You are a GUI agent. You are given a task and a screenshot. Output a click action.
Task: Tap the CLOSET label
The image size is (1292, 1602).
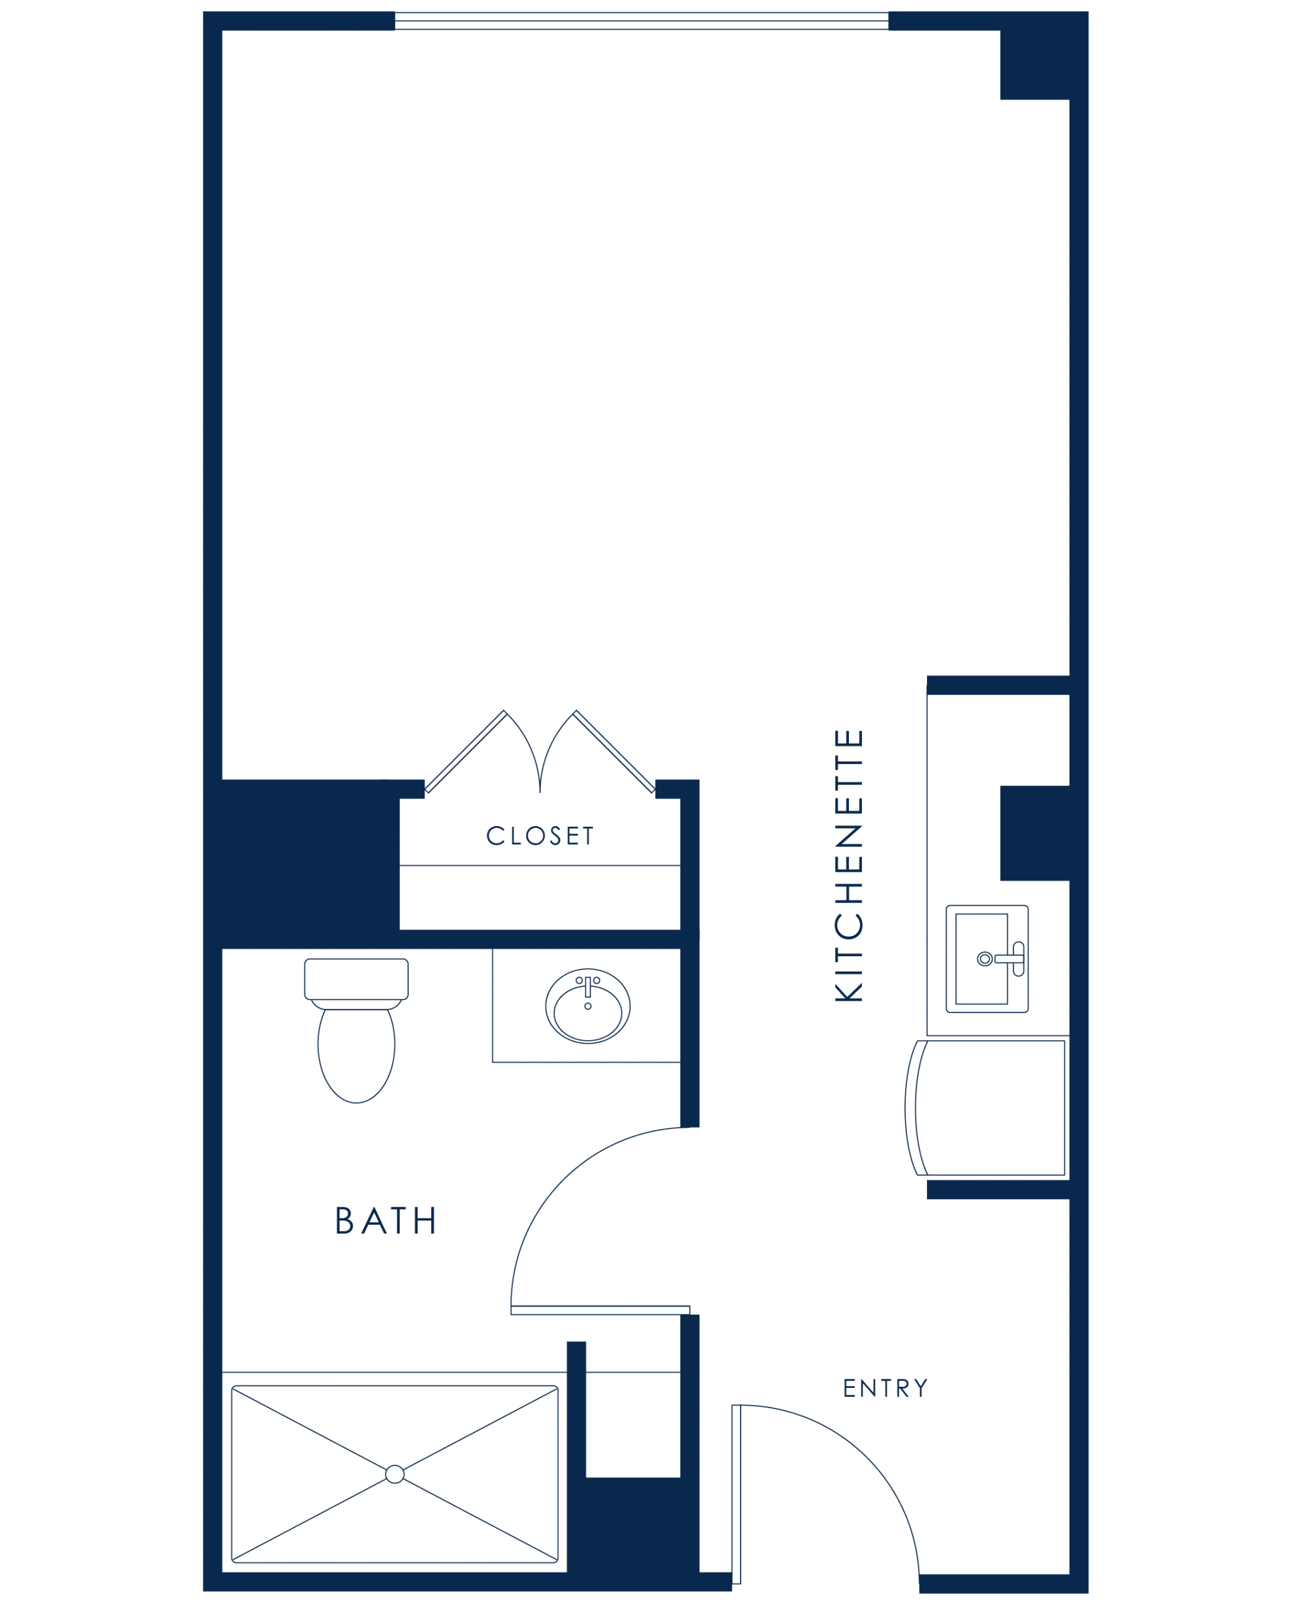coord(540,835)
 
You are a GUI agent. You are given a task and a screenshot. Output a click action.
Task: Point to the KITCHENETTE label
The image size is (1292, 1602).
coord(848,865)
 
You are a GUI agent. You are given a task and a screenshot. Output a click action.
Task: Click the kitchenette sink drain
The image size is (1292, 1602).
coord(984,959)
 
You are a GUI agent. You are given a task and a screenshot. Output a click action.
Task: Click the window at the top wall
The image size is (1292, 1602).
coord(642,21)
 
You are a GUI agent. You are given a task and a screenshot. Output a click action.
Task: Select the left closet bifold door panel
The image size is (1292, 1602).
coord(466,752)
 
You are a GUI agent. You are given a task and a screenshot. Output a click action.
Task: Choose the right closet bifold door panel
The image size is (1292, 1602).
coord(614,752)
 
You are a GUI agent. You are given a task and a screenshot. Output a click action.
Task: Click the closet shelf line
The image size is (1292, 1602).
coord(540,865)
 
